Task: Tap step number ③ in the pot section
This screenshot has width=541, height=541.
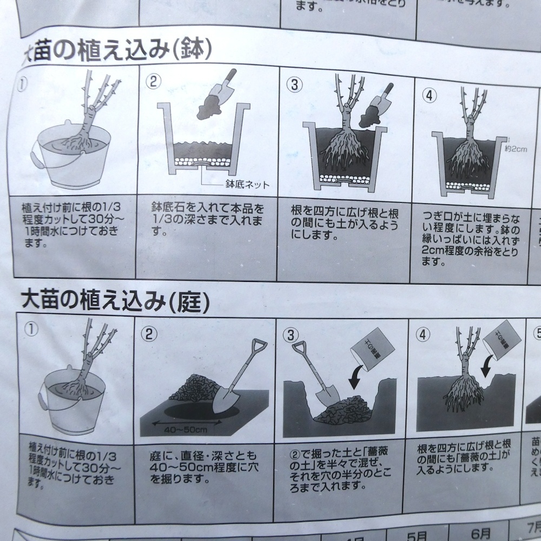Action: pyautogui.click(x=294, y=84)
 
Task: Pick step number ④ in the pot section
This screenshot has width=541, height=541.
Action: pyautogui.click(x=429, y=94)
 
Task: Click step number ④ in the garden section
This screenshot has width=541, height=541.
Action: pyautogui.click(x=424, y=334)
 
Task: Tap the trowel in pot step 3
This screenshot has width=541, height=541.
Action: pyautogui.click(x=379, y=105)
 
